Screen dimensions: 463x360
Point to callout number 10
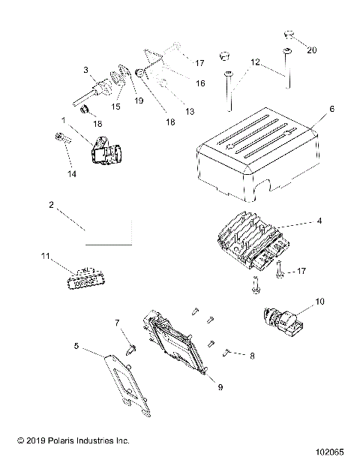click(322, 301)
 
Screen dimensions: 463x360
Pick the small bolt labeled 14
click(59, 137)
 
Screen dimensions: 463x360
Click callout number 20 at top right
click(313, 50)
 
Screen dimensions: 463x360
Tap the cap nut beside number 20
click(288, 35)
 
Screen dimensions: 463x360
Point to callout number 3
click(86, 70)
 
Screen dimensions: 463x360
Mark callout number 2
click(51, 204)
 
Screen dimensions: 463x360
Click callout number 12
click(256, 63)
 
